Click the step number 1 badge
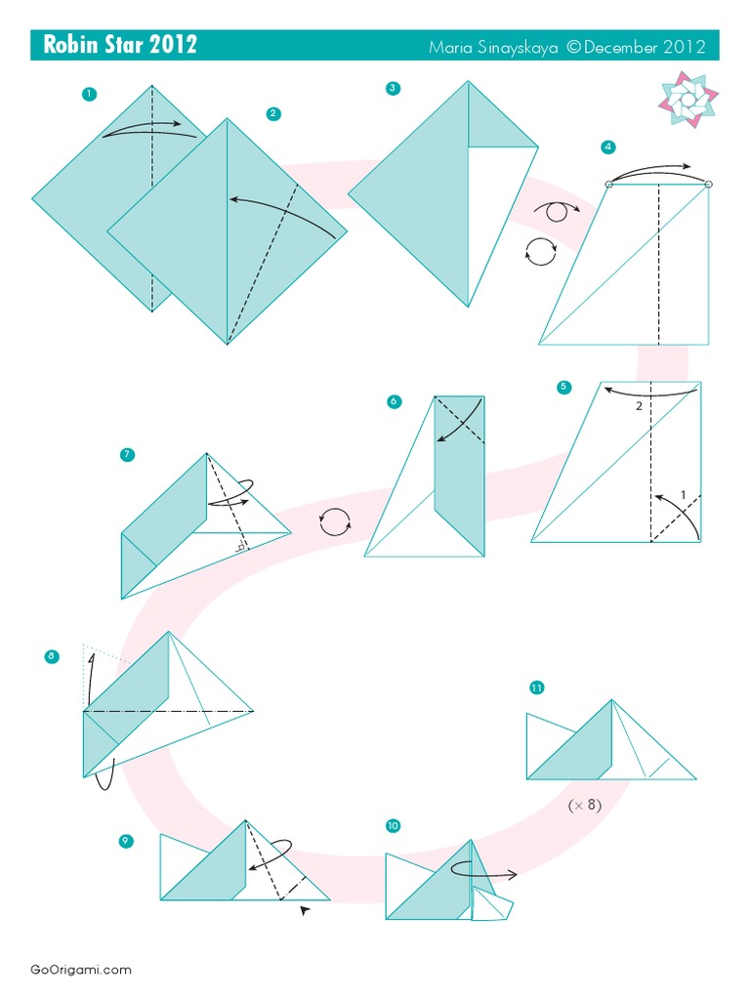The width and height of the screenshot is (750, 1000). point(89,94)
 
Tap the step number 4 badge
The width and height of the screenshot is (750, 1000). point(607,146)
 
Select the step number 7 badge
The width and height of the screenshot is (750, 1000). point(127,455)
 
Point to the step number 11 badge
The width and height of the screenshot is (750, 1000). point(536,687)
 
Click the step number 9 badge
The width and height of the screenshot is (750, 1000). point(126,841)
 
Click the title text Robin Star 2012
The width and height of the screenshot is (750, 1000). point(120,45)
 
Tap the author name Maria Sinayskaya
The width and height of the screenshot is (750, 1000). point(493,47)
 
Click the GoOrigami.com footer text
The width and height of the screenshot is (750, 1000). point(81,970)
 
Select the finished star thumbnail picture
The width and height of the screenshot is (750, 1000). point(688,99)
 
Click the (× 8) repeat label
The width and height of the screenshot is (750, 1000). point(585,805)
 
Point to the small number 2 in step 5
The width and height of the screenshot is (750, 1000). point(639,405)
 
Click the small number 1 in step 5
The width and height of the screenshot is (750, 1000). point(683,494)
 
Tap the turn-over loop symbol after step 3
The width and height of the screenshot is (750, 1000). point(556,211)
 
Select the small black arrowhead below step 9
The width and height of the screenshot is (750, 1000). point(305,911)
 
